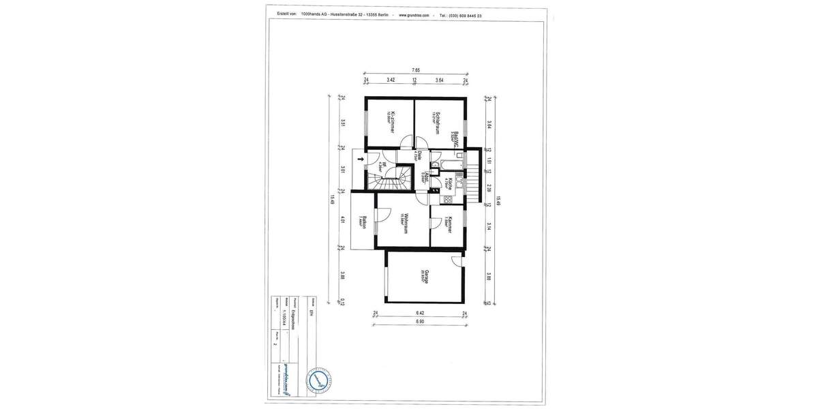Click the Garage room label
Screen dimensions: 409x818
point(425,277)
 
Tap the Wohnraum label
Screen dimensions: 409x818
point(405,224)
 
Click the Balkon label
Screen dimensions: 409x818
point(365,223)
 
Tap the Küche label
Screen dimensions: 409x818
point(449,183)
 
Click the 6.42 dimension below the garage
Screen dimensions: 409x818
point(420,314)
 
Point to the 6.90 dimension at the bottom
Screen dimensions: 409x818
point(420,321)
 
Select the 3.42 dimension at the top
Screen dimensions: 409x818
point(391,80)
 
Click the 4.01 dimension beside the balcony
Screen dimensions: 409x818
point(343,220)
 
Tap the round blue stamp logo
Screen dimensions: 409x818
point(319,379)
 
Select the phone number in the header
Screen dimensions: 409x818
point(461,15)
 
